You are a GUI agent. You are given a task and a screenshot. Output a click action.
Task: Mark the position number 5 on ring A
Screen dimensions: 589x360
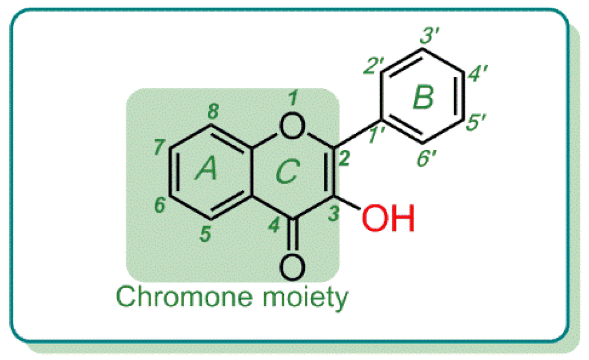coord(204,235)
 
